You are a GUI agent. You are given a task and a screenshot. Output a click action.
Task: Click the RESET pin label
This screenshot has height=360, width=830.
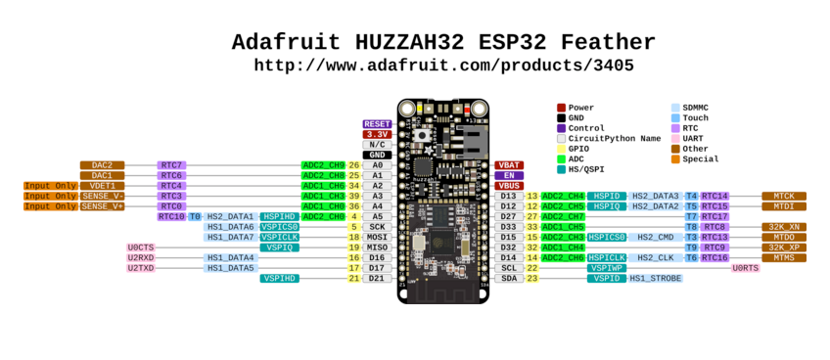point(377,124)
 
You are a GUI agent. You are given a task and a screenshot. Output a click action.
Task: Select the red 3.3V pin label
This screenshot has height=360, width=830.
point(377,134)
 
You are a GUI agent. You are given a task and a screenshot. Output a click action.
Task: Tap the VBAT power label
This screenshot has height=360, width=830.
point(509,165)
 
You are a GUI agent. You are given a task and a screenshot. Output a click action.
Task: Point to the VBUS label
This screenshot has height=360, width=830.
point(509,186)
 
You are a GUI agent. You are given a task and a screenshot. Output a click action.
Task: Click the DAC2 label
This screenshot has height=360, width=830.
point(102,165)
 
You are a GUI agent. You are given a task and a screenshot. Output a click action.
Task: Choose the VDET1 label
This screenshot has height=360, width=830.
point(102,186)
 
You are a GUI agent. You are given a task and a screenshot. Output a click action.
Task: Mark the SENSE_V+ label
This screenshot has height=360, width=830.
point(102,206)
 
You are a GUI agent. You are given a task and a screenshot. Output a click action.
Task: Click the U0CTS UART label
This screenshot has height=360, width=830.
point(141,247)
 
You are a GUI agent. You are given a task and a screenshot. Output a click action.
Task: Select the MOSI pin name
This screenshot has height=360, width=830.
point(377,237)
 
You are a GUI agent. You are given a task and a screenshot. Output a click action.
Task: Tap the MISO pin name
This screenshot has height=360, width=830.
point(377,247)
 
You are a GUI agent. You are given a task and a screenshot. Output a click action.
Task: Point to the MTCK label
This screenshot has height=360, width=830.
point(783,196)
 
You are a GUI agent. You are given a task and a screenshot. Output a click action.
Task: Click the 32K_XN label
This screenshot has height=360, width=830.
point(783,227)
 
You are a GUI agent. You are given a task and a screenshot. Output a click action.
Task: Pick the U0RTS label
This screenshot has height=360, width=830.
point(745,268)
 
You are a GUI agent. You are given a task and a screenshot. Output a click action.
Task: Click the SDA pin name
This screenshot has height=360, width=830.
point(508,278)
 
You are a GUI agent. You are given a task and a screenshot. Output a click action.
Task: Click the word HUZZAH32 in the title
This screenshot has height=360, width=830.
point(442,42)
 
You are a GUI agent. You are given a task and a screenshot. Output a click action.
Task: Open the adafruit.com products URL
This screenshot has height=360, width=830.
point(443,66)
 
